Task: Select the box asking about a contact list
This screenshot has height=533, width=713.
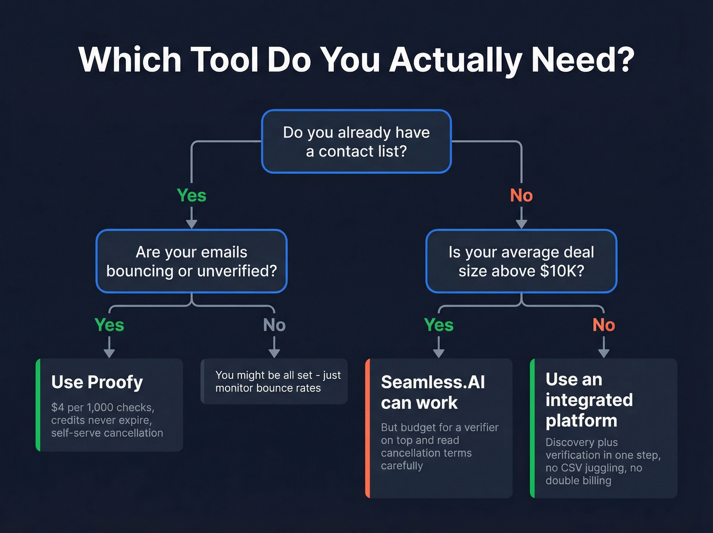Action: [x=356, y=141]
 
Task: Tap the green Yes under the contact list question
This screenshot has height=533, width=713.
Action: [x=191, y=195]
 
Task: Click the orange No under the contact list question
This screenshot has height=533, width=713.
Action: [x=521, y=195]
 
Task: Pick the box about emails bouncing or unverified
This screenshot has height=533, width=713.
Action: [x=191, y=261]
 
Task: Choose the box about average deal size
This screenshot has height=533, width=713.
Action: [x=521, y=261]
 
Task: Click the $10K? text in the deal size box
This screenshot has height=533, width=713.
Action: [x=562, y=271]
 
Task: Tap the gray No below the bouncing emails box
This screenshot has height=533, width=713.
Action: [x=274, y=325]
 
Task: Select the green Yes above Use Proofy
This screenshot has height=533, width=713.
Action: [x=109, y=325]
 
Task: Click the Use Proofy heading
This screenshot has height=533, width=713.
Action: [x=97, y=382]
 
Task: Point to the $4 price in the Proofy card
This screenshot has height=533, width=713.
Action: [x=58, y=408]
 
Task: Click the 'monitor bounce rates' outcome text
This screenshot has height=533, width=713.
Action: [x=268, y=388]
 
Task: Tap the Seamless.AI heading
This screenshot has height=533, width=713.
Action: [x=432, y=382]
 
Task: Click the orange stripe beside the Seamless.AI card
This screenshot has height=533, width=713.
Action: [x=367, y=428]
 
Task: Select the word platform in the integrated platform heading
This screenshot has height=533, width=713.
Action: [x=581, y=421]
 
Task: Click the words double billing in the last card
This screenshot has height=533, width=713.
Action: [x=578, y=480]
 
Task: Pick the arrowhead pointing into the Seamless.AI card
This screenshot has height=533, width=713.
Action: [x=438, y=353]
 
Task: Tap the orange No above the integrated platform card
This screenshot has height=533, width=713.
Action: [x=604, y=325]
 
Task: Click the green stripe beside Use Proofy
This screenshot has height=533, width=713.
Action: [x=38, y=405]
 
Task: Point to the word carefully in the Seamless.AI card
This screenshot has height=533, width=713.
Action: [x=402, y=466]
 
